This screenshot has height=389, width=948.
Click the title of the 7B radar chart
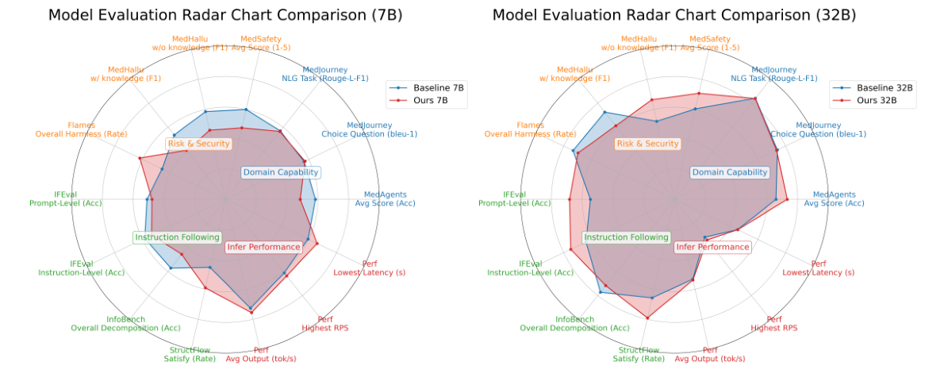pos(225,15)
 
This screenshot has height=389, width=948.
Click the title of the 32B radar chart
pos(674,15)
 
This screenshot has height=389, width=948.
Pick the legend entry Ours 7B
pos(431,101)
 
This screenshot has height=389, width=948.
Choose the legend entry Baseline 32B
pos(877,87)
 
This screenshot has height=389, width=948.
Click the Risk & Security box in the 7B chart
pos(198,144)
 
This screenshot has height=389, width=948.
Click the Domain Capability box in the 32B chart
pos(730,172)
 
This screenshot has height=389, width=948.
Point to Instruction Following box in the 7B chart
pos(177,237)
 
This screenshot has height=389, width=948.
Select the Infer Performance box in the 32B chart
pos(712,247)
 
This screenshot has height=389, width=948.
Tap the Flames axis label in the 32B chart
pos(530,129)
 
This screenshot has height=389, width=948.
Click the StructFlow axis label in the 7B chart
pos(190,354)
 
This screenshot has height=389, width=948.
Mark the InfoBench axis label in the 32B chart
pos(574,323)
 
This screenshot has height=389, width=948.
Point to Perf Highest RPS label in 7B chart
pos(324,323)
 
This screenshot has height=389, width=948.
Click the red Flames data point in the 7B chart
pos(140,158)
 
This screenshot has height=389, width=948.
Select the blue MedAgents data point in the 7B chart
pos(315,199)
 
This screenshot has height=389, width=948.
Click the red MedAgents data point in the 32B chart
pos(787,199)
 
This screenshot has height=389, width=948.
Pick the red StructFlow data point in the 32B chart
pos(647,318)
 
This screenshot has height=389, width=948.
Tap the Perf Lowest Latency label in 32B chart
pos(818,268)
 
